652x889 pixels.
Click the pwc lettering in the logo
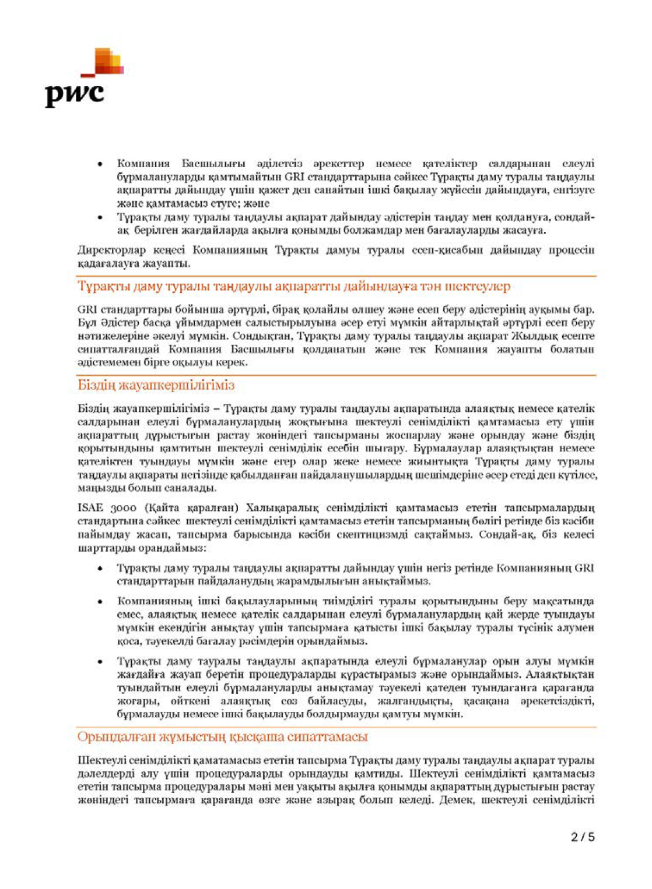pos(74,94)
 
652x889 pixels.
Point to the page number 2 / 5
pos(583,837)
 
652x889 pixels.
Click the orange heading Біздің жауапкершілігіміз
pos(156,385)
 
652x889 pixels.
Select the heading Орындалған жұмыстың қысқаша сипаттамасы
pos(222,737)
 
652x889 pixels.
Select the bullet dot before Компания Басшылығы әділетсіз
pos(101,164)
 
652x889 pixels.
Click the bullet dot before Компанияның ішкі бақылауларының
pos(101,601)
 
